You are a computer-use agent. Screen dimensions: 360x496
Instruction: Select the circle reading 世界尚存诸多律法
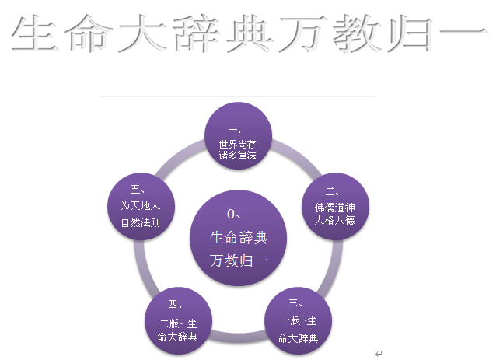pos(238,137)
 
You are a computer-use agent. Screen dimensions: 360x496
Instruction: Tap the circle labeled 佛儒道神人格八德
pos(334,205)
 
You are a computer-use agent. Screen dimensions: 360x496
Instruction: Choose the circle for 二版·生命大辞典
pos(178,320)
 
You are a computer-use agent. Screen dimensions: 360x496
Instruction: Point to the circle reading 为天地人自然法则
pos(141,206)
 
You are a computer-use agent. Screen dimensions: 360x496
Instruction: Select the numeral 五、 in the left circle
pos(139,188)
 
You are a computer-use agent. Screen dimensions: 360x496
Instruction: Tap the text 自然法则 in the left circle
pos(141,222)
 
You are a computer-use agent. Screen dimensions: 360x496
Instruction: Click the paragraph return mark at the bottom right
pos(379,353)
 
